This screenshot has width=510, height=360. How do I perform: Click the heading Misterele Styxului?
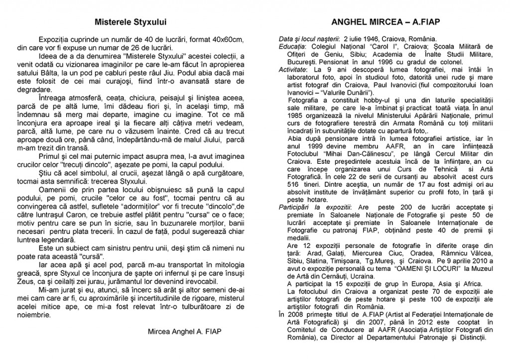click(x=130, y=22)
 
